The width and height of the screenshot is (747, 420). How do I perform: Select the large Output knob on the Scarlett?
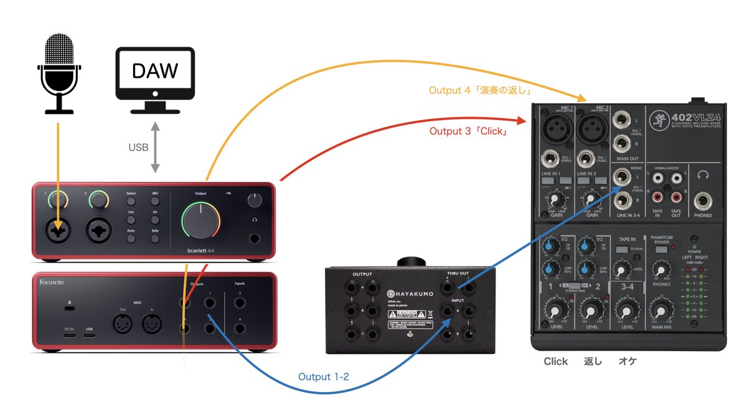click(200, 220)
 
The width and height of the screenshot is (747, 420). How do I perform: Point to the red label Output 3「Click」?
click(467, 132)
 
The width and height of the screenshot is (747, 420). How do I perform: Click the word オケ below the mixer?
click(627, 362)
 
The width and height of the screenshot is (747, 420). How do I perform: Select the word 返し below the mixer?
click(593, 362)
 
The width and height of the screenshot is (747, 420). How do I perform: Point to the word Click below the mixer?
click(556, 362)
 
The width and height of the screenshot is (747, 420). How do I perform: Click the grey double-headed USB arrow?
click(155, 147)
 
